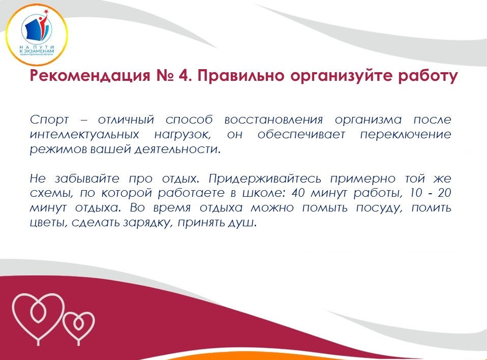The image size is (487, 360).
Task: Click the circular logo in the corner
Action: pyautogui.click(x=37, y=35)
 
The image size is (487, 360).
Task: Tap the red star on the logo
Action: pyautogui.click(x=47, y=12)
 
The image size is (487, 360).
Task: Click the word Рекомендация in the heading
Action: pyautogui.click(x=90, y=76)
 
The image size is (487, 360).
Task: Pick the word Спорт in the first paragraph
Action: pyautogui.click(x=49, y=120)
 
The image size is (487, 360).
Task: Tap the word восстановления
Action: pyautogui.click(x=273, y=119)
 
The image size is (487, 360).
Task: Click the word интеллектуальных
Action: pyautogui.click(x=84, y=135)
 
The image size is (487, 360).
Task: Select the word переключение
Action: pyautogui.click(x=406, y=135)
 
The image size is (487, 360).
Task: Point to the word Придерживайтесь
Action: pyautogui.click(x=265, y=179)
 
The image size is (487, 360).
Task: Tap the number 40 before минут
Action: pyautogui.click(x=298, y=193)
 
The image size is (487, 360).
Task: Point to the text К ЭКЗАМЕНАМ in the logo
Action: pyautogui.click(x=36, y=51)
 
